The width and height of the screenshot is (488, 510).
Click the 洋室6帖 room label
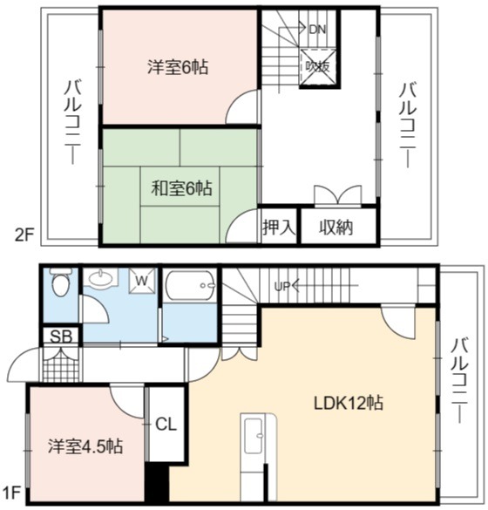178,67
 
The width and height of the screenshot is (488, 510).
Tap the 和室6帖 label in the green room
182,188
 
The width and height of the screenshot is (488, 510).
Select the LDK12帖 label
349,403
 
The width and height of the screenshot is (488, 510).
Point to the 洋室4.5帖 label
85,446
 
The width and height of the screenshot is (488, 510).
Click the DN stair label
317,30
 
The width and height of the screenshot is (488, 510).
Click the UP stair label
281,287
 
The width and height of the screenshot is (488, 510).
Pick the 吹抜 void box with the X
318,67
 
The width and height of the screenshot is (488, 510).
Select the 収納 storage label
335,227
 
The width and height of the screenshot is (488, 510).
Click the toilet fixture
60,282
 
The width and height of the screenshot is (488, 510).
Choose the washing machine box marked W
142,280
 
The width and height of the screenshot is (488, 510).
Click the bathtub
190,286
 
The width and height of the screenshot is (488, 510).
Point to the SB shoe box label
61,337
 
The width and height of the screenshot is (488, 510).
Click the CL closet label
166,425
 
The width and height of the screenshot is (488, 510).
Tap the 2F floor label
24,235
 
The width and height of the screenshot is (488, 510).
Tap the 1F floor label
10,493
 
